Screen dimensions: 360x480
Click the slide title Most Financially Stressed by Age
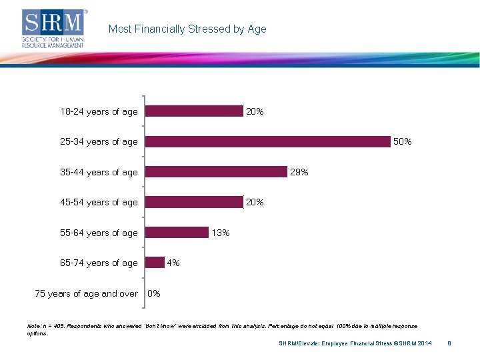pyautogui.click(x=187, y=29)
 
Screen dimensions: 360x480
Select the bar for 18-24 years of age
pyautogui.click(x=194, y=111)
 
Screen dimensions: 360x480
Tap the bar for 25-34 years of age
pyautogui.click(x=267, y=141)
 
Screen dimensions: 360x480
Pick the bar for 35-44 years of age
pyautogui.click(x=216, y=172)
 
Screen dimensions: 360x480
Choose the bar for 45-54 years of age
pyautogui.click(x=194, y=202)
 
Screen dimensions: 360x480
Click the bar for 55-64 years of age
pyautogui.click(x=177, y=233)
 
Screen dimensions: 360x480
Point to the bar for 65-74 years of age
pyautogui.click(x=155, y=263)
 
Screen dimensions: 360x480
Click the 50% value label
pyautogui.click(x=403, y=141)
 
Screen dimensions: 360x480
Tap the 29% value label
pyautogui.click(x=299, y=172)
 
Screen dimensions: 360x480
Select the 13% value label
pyautogui.click(x=221, y=233)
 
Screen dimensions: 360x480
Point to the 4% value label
pyautogui.click(x=173, y=263)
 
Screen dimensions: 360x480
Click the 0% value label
pyautogui.click(x=153, y=293)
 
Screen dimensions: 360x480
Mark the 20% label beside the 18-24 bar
pyautogui.click(x=255, y=111)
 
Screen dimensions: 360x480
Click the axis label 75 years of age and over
pyautogui.click(x=86, y=293)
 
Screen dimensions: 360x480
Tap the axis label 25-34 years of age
pyautogui.click(x=99, y=141)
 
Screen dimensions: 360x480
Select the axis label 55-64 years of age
pyautogui.click(x=99, y=233)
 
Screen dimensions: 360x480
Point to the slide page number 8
pyautogui.click(x=450, y=343)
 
